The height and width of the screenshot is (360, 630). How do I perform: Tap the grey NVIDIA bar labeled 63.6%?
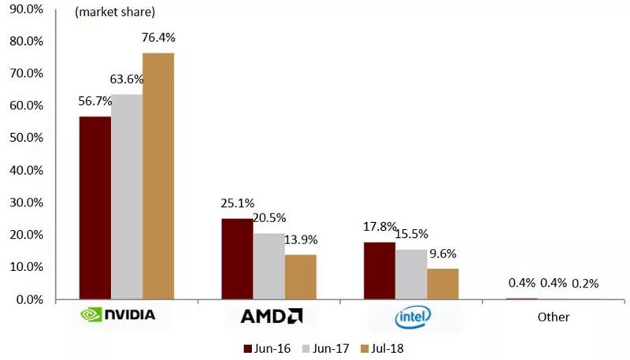coord(126,197)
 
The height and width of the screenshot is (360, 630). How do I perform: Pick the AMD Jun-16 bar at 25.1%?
coord(237,259)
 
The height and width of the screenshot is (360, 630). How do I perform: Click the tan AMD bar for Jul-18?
coord(300,277)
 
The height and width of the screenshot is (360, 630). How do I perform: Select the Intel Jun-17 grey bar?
coord(411,274)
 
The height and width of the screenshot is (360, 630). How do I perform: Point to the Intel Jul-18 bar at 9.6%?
coord(443,284)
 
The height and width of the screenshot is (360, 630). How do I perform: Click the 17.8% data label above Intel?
coord(380,228)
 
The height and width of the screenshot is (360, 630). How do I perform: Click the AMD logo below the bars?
coord(271,317)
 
